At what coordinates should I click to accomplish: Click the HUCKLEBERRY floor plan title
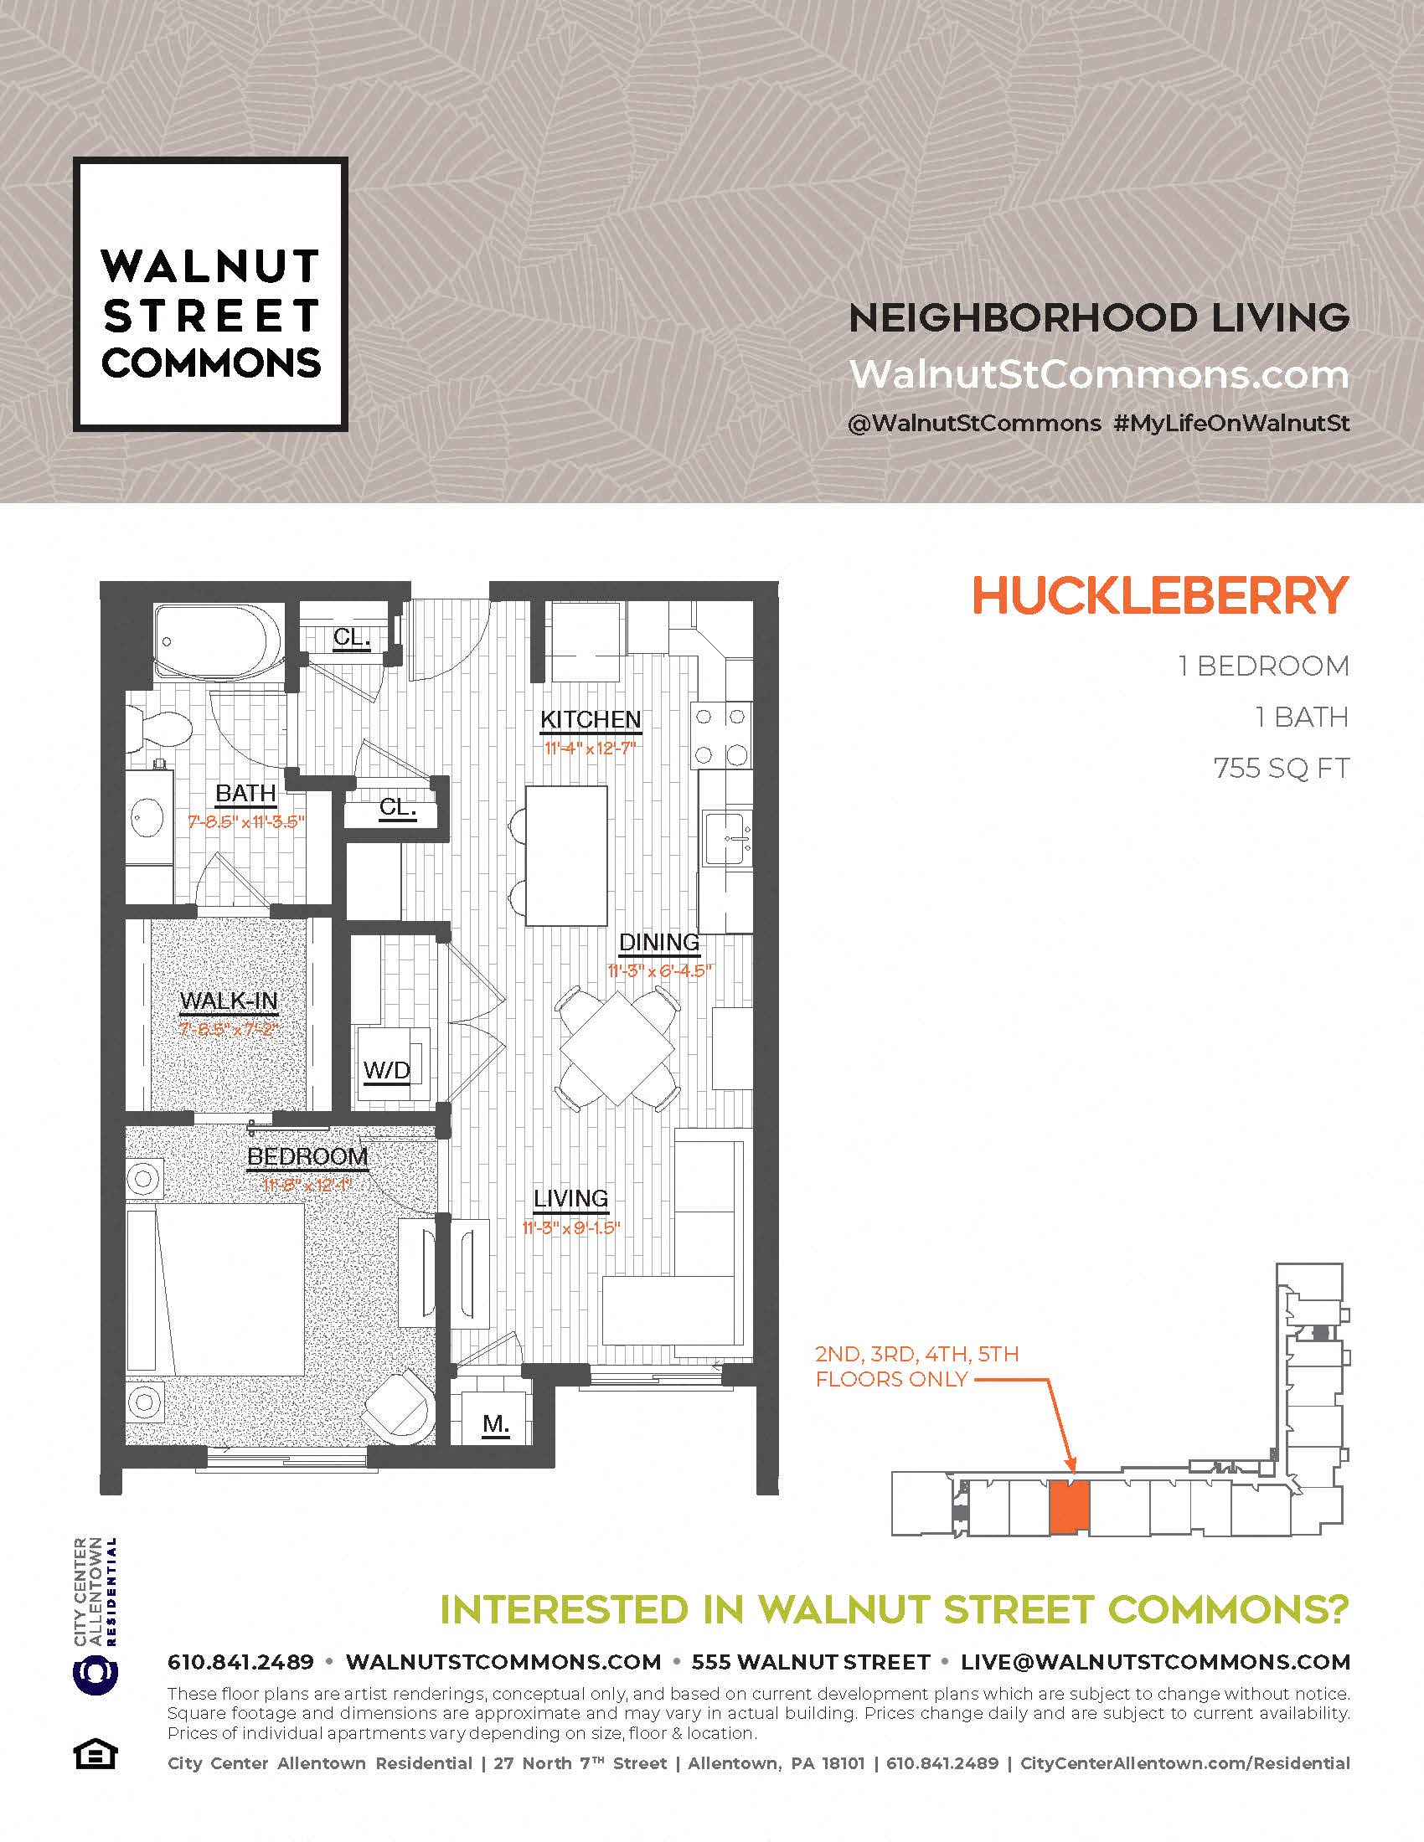point(1161,596)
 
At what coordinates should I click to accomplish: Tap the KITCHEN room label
point(591,719)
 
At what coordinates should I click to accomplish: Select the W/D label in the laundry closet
point(386,1070)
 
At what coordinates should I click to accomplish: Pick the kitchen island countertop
point(567,855)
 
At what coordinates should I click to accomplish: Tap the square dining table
point(617,1048)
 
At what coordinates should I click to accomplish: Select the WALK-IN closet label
point(229,1001)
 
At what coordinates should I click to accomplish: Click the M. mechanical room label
point(496,1424)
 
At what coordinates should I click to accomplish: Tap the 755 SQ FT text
point(1282,769)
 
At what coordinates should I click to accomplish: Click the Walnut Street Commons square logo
point(211,295)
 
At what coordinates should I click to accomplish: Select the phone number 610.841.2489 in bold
point(240,1661)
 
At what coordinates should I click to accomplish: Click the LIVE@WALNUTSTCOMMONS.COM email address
point(1156,1661)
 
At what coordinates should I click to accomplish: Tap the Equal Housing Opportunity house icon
point(95,1756)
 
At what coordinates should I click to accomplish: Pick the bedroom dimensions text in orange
point(307,1186)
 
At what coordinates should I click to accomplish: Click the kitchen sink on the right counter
point(727,838)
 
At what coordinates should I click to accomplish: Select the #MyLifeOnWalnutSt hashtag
point(1231,423)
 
